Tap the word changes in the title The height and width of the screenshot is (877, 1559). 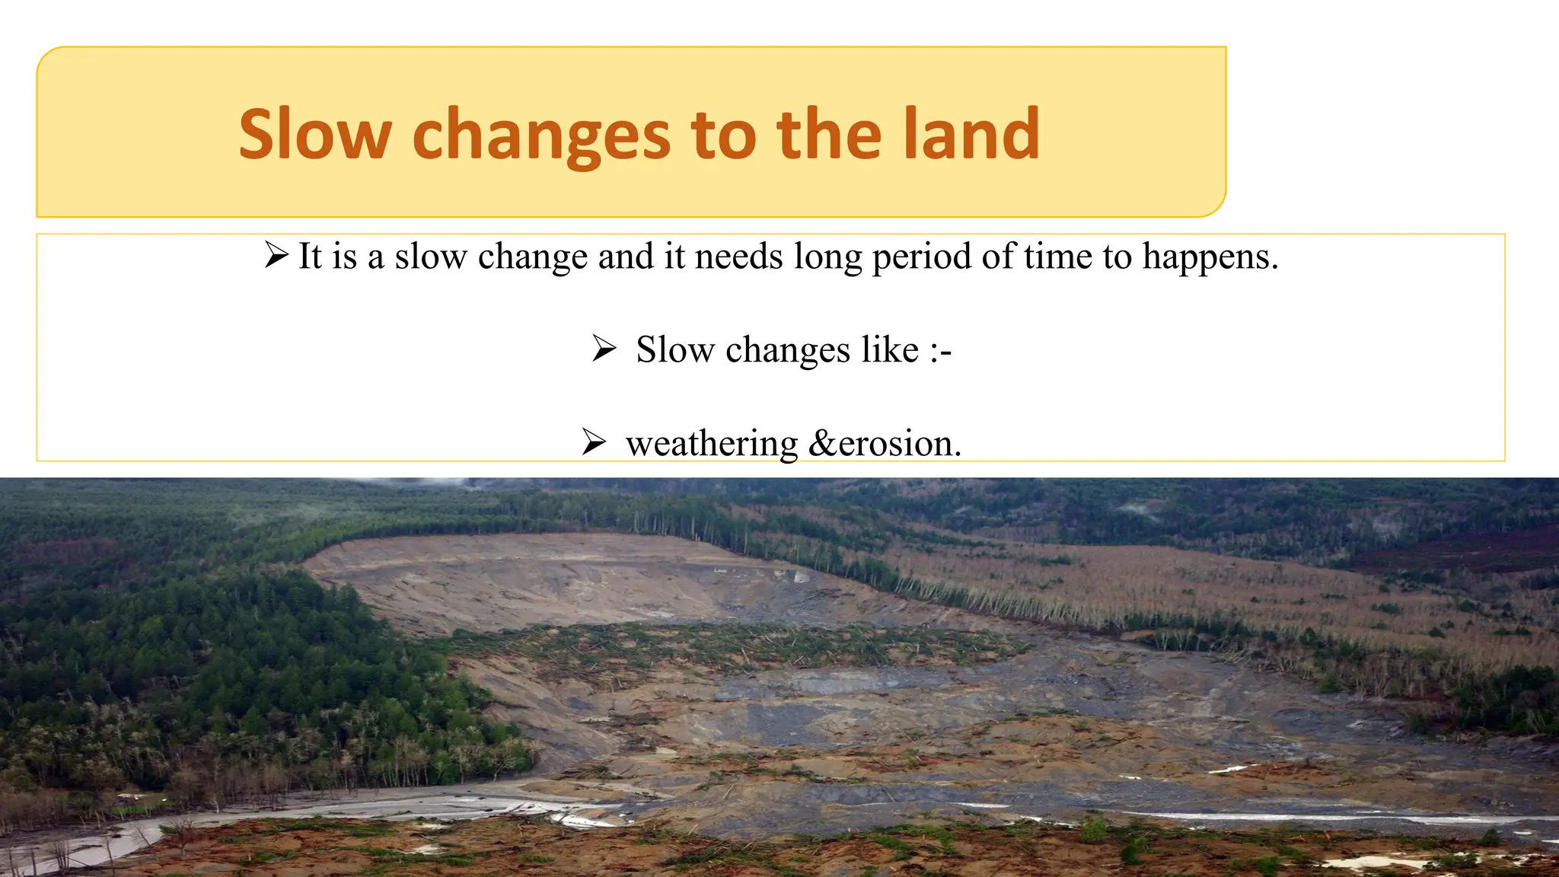[x=541, y=136]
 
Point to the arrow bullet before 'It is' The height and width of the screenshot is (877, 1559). [x=276, y=255]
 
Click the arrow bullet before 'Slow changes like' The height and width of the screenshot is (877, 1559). [x=604, y=349]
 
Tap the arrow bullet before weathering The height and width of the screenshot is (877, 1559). [x=593, y=442]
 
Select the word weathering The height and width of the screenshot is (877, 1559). [x=711, y=444]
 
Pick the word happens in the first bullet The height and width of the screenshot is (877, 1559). [x=1210, y=257]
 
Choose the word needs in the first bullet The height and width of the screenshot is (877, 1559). [x=738, y=256]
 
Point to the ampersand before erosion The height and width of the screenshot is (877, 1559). [x=823, y=444]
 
